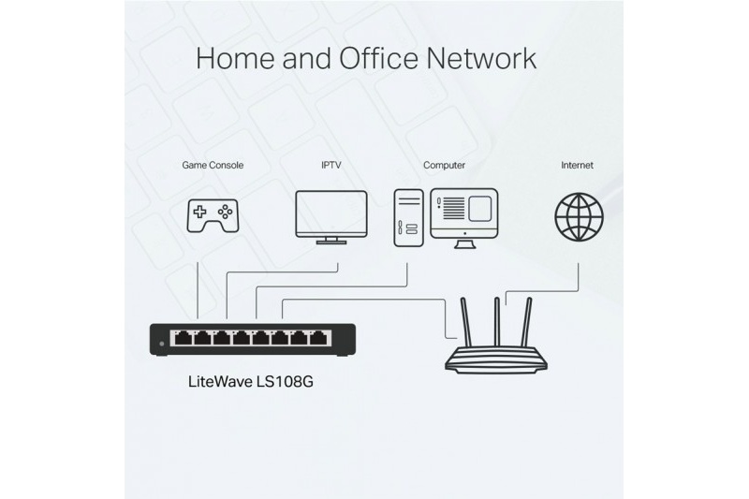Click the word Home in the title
tap(235, 58)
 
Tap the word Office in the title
tap(378, 58)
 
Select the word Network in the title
tap(481, 58)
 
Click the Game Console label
tap(213, 165)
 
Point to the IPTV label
tap(331, 165)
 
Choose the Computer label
tap(444, 165)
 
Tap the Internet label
tap(577, 165)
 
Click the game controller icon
tap(213, 216)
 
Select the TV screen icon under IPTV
tap(331, 217)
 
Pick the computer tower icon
tap(408, 218)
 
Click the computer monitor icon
tap(464, 218)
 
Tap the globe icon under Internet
tap(579, 217)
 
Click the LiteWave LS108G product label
tap(251, 382)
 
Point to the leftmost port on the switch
tap(183, 338)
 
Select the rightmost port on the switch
tap(318, 338)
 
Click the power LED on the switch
tap(161, 344)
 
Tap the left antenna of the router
tap(465, 322)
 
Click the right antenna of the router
tap(526, 322)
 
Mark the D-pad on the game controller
tap(199, 211)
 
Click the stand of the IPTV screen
tap(331, 241)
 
